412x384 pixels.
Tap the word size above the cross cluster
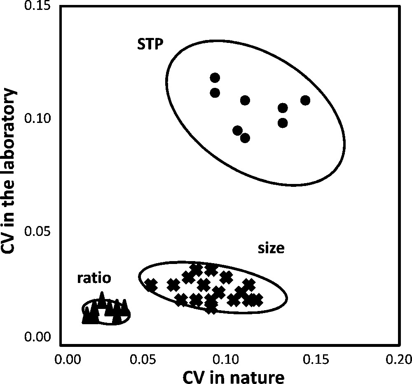(x=271, y=249)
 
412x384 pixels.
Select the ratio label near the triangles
(x=94, y=278)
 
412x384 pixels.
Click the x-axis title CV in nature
(x=230, y=376)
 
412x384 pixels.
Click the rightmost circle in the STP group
(x=305, y=100)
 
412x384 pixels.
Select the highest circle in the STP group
(x=215, y=78)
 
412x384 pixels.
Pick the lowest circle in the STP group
(x=245, y=138)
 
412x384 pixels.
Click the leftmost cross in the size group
(x=151, y=285)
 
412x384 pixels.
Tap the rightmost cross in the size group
(x=256, y=300)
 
